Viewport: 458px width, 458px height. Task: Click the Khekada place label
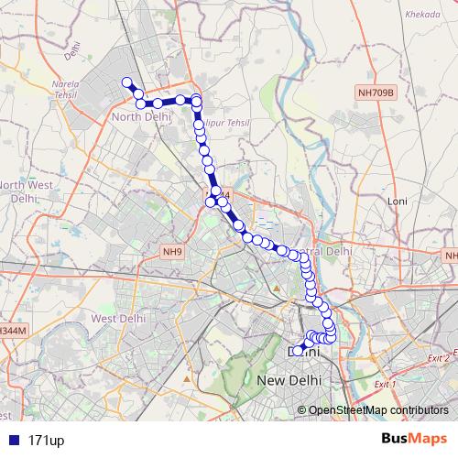tap(420, 41)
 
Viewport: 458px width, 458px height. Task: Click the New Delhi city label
tap(290, 379)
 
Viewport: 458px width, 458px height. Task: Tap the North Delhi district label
tap(142, 117)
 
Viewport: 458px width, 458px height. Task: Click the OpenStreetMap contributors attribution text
tap(378, 410)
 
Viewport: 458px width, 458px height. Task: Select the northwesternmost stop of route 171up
tap(128, 82)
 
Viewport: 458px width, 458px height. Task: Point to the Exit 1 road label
tap(386, 384)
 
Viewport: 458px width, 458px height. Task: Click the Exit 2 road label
tap(439, 358)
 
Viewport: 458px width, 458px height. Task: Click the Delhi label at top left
tap(73, 55)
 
